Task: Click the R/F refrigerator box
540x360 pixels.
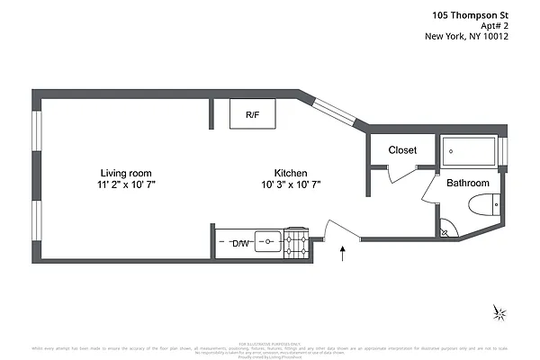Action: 253,114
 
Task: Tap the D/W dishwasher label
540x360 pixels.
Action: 240,244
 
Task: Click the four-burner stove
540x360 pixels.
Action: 296,242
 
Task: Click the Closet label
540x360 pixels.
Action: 402,150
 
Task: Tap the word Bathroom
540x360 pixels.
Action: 468,183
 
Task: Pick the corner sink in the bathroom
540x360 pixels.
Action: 445,230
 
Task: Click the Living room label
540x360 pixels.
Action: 125,173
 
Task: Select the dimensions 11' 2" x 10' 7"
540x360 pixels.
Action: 125,184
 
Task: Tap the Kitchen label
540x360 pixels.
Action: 291,173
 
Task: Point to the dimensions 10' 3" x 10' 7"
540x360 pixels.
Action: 291,184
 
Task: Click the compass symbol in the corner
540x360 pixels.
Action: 499,312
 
